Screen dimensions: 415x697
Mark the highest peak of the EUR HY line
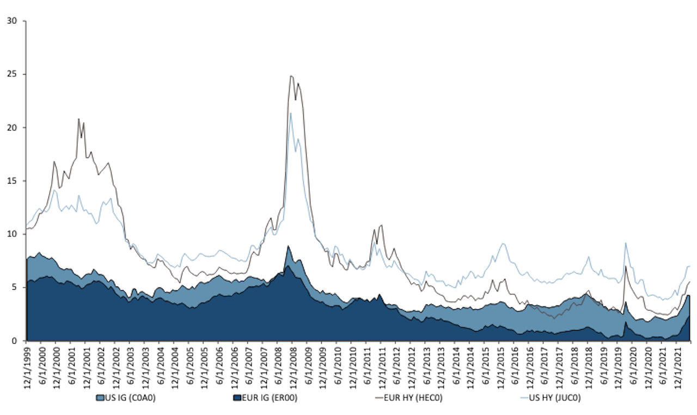point(291,76)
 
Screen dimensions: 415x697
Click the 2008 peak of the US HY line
point(291,113)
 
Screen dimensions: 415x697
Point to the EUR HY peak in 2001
point(78,119)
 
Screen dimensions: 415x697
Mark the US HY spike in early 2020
point(626,243)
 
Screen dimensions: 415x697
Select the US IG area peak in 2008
point(288,246)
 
